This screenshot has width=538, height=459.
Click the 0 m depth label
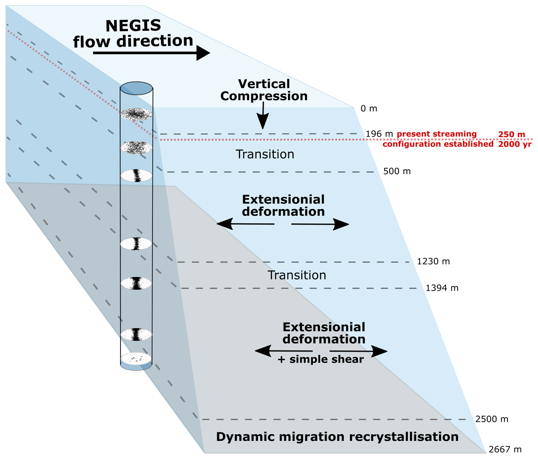pyautogui.click(x=369, y=108)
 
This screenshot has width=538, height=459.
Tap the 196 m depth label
pyautogui.click(x=379, y=134)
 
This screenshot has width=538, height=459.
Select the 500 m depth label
pyautogui.click(x=397, y=171)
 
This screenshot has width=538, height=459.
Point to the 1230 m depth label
pyautogui.click(x=433, y=261)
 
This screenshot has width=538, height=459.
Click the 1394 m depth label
pyautogui.click(x=442, y=288)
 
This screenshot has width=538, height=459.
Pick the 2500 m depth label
pyautogui.click(x=491, y=419)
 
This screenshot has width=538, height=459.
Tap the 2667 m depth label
pyautogui.click(x=505, y=449)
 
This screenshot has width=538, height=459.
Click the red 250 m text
pyautogui.click(x=511, y=134)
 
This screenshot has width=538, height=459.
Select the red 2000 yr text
pyautogui.click(x=514, y=144)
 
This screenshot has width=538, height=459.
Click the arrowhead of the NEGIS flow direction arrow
pyautogui.click(x=203, y=53)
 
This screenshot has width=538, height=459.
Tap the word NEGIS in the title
pyautogui.click(x=133, y=26)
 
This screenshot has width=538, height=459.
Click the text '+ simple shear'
pyautogui.click(x=320, y=359)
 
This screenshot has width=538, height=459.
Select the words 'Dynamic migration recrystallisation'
pyautogui.click(x=337, y=437)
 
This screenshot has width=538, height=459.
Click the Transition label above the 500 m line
pyautogui.click(x=265, y=154)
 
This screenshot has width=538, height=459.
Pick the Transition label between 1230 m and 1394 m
pyautogui.click(x=297, y=275)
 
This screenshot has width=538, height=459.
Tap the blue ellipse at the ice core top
pyautogui.click(x=136, y=88)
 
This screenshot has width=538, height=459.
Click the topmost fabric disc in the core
pyautogui.click(x=136, y=114)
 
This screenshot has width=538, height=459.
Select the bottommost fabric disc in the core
pyautogui.click(x=136, y=358)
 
